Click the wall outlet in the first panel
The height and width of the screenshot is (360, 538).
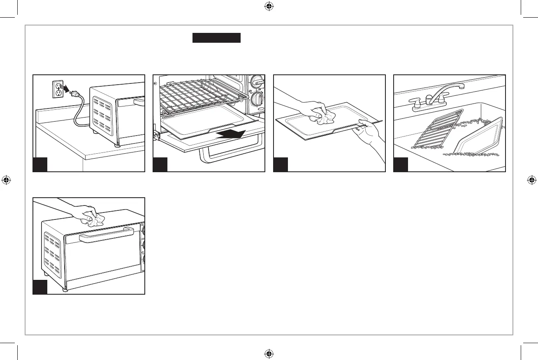(x=58, y=89)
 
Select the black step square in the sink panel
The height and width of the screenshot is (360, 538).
(x=401, y=164)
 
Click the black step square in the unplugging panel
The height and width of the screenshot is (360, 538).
(x=40, y=164)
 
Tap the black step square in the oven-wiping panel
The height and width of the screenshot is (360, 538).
(x=40, y=287)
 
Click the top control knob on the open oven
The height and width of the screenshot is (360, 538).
(x=257, y=82)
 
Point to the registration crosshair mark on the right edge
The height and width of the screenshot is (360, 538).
(x=531, y=180)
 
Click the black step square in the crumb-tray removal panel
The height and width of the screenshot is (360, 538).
(x=160, y=164)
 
